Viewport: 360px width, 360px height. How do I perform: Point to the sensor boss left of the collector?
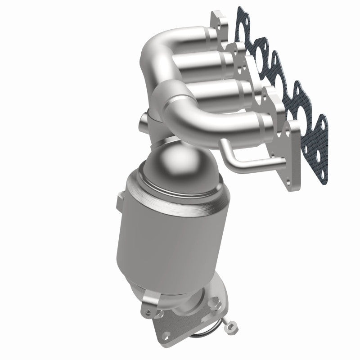[x=143, y=120]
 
